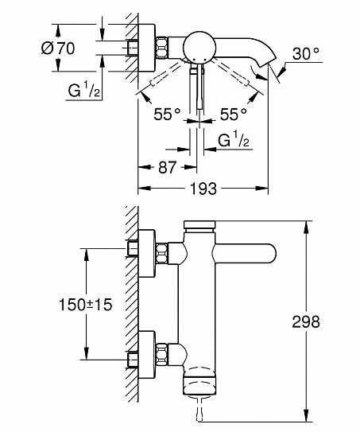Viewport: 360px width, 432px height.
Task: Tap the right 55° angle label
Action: point(232,114)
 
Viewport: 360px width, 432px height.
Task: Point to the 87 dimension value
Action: point(166,168)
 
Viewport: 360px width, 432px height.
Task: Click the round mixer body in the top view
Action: point(195,49)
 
